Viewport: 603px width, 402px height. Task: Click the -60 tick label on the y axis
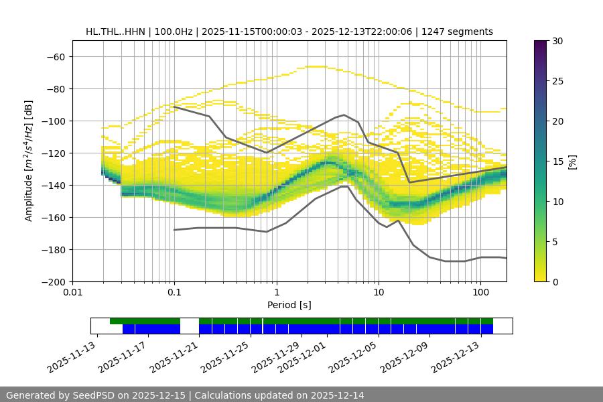[x=56, y=56]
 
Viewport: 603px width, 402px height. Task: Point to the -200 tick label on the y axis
[x=53, y=281]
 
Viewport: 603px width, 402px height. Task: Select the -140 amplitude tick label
[x=53, y=185]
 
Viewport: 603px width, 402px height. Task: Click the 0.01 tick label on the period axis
[x=72, y=293]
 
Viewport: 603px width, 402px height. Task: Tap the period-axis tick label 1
[x=277, y=293]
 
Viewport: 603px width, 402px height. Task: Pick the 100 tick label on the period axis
[x=480, y=293]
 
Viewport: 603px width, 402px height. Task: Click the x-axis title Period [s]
[x=289, y=305]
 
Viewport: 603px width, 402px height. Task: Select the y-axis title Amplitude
[x=29, y=161]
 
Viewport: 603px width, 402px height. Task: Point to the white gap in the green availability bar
[x=190, y=322]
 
